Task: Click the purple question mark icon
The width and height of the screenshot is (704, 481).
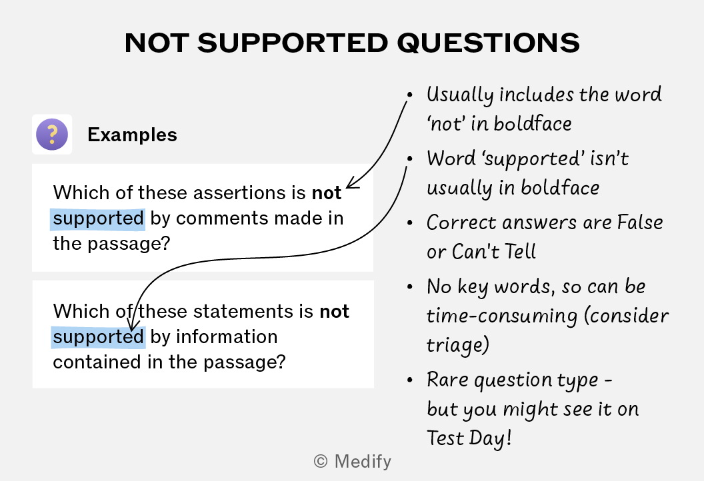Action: (52, 134)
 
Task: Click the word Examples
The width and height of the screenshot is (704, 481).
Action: (133, 135)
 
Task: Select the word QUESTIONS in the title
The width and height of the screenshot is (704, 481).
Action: (489, 43)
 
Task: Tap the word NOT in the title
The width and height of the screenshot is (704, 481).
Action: (157, 43)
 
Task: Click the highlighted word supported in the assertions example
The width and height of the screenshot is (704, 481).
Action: (98, 219)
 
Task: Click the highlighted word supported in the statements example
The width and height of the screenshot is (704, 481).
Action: (98, 337)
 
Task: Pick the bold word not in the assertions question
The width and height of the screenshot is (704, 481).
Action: (327, 193)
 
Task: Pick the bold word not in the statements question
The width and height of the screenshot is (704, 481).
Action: (335, 311)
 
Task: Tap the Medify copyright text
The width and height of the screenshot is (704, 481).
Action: (353, 461)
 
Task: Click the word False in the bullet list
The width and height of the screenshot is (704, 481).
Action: (640, 222)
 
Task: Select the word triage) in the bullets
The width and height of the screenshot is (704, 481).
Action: (457, 345)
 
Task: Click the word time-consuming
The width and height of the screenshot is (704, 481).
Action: (502, 316)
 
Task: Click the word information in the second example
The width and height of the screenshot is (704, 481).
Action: (227, 337)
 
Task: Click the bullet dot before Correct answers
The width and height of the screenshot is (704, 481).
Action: (409, 223)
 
